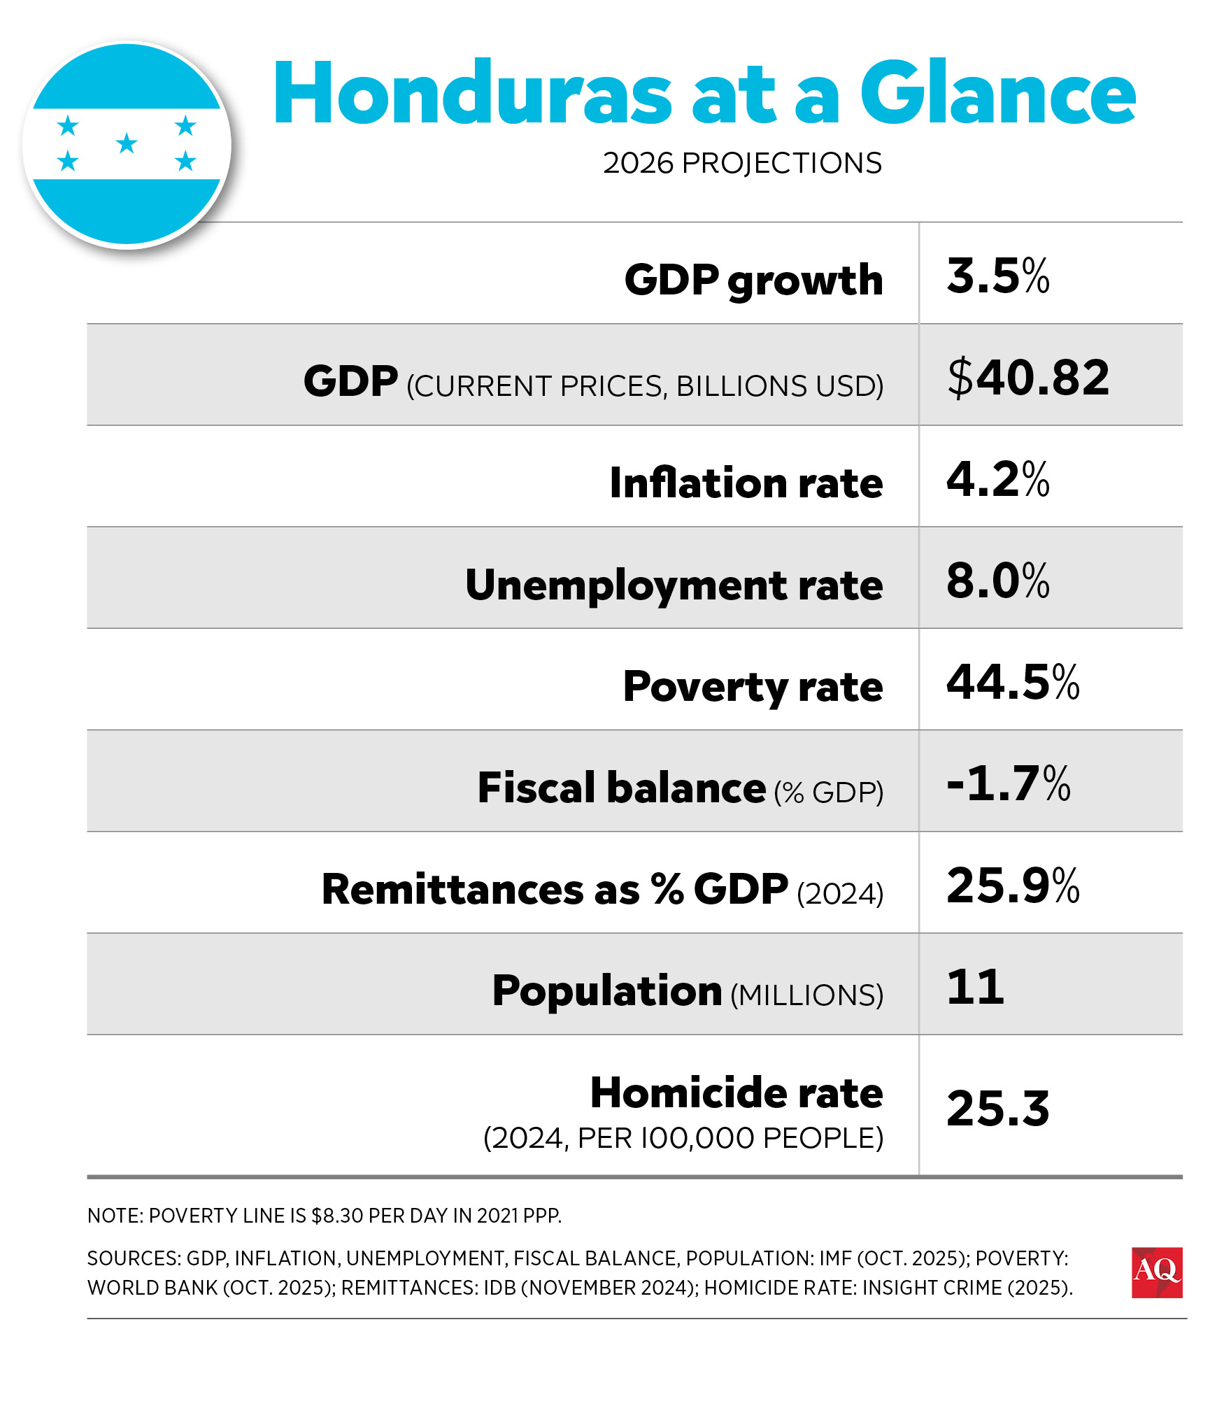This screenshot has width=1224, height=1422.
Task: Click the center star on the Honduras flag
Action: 127,144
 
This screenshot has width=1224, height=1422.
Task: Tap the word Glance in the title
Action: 997,93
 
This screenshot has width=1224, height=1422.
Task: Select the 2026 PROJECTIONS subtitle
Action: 742,163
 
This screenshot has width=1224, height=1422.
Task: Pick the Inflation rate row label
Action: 746,483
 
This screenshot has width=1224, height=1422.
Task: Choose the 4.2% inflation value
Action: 997,479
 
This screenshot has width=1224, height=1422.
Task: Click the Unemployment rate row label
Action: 674,585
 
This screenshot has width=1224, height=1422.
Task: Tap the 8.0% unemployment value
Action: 997,581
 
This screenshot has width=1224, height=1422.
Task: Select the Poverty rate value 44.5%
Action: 1012,682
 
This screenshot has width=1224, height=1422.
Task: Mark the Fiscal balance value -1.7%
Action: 1008,783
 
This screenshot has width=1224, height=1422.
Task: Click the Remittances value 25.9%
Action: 1012,885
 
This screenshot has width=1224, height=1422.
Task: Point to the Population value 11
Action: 975,987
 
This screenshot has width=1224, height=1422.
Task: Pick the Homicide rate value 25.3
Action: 997,1108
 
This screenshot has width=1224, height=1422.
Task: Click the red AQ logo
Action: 1156,1272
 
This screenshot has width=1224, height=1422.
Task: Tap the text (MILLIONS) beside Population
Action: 806,995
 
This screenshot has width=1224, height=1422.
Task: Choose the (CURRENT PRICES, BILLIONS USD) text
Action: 644,386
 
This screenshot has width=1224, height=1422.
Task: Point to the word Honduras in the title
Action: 473,93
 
